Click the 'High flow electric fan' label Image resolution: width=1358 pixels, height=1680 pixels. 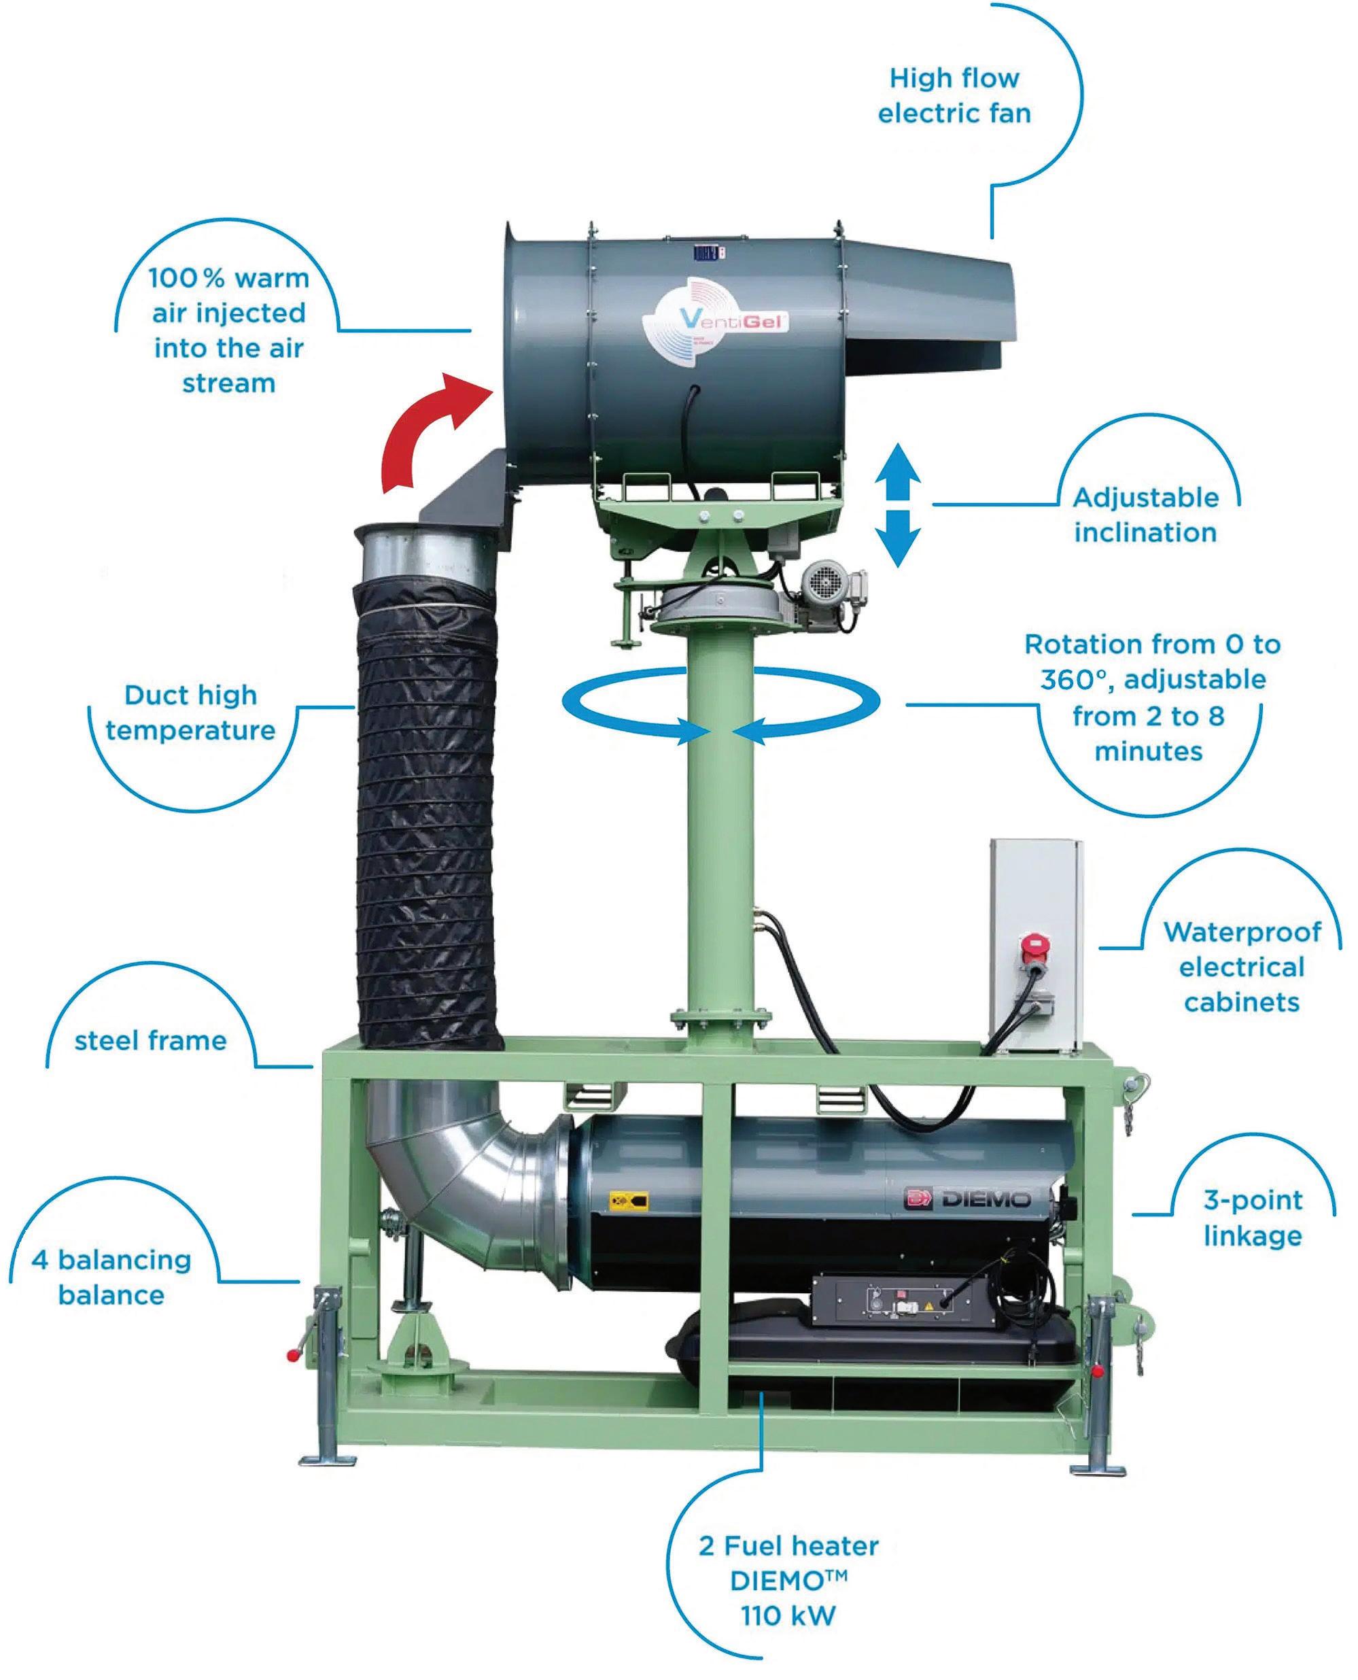[x=954, y=95]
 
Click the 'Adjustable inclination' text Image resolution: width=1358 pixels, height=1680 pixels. [x=1145, y=515]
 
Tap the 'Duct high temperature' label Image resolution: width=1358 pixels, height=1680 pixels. [x=191, y=712]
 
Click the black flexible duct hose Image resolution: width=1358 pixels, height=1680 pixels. [x=426, y=821]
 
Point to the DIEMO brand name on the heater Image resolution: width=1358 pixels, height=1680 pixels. [x=984, y=1199]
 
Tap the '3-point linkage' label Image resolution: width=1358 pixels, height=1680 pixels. [x=1253, y=1218]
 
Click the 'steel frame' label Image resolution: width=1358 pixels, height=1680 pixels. [x=150, y=1041]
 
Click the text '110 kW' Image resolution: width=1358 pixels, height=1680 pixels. [x=788, y=1615]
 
